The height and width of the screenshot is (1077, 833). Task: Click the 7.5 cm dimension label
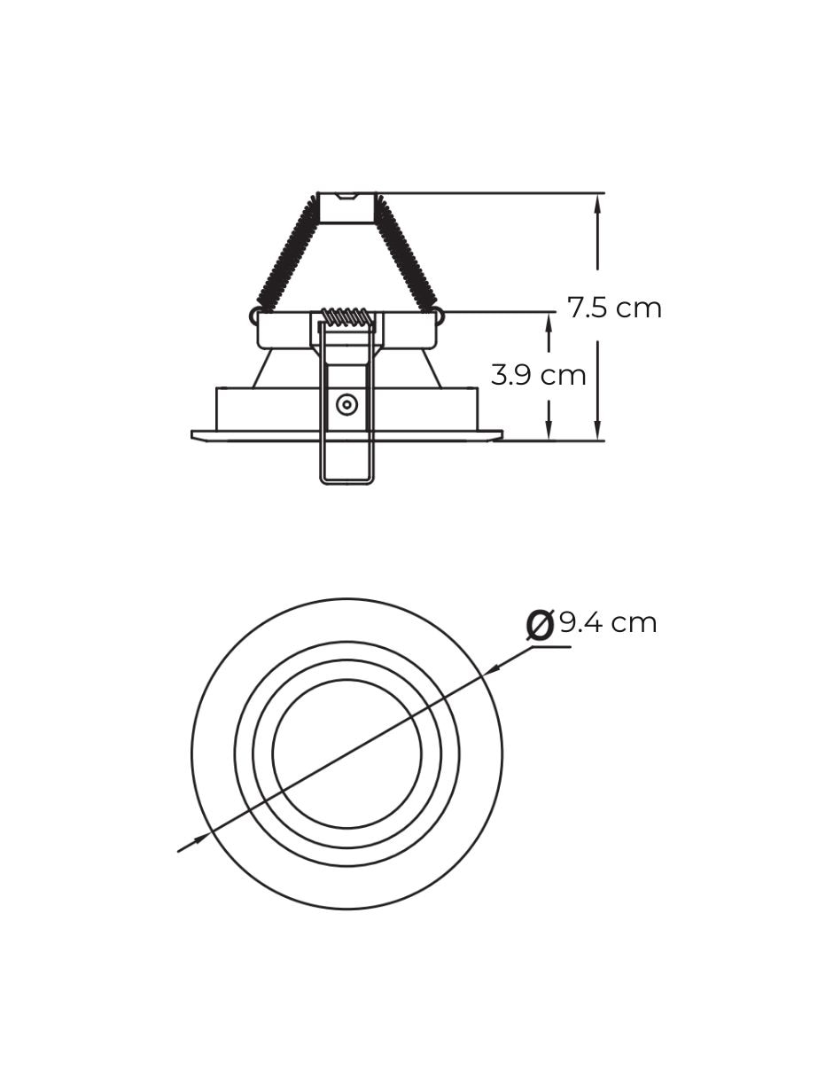[x=614, y=308]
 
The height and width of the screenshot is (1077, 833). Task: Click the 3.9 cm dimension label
[x=538, y=375]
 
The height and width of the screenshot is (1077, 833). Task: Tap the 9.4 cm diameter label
[x=608, y=622]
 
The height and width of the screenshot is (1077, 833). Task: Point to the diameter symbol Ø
[x=540, y=625]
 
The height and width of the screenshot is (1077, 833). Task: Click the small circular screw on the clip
[x=346, y=404]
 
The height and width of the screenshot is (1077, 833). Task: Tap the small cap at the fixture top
[x=346, y=207]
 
